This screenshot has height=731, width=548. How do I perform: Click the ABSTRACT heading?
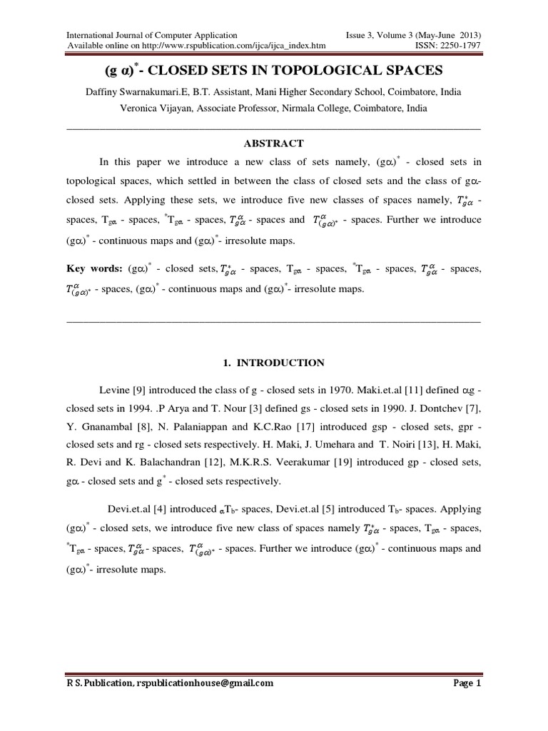273,143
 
